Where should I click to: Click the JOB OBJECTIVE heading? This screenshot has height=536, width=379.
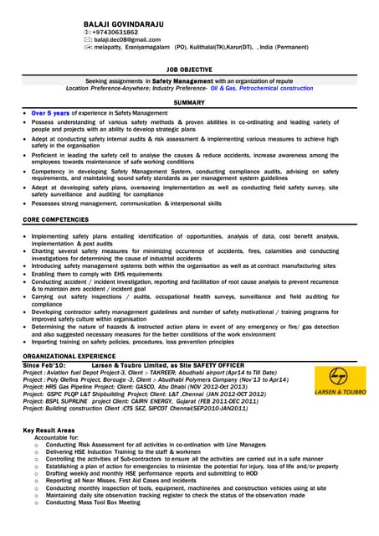[x=189, y=70]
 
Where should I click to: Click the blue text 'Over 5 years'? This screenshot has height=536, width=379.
[x=51, y=112]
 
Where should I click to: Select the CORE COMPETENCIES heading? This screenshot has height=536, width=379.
[x=55, y=219]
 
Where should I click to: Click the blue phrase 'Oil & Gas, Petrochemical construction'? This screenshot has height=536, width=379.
[x=262, y=87]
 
